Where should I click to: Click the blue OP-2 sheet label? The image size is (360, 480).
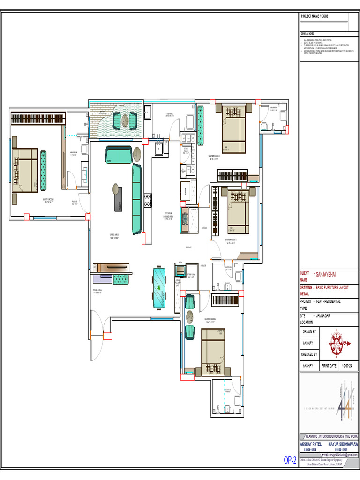pos(290,461)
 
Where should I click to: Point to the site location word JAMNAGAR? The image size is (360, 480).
pos(323,316)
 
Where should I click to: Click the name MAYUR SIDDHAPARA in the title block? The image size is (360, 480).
pos(343,443)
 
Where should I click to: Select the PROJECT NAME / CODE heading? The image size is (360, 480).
pos(315,16)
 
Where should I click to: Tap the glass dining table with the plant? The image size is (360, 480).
pos(159,287)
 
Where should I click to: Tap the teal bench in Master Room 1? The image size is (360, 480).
pos(44,170)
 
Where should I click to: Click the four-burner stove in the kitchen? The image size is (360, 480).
pos(147,200)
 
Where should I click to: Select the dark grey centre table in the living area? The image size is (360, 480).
pos(117,198)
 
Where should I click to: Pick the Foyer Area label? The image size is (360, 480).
pos(101,291)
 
